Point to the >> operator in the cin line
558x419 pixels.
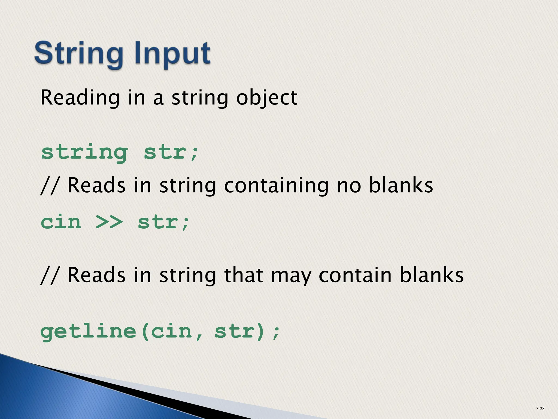(109, 222)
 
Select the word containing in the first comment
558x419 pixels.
(276, 186)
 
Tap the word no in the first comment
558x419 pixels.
(349, 186)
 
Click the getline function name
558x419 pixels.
(88, 332)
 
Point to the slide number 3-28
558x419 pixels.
(540, 408)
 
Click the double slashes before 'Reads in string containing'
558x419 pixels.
(49, 186)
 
